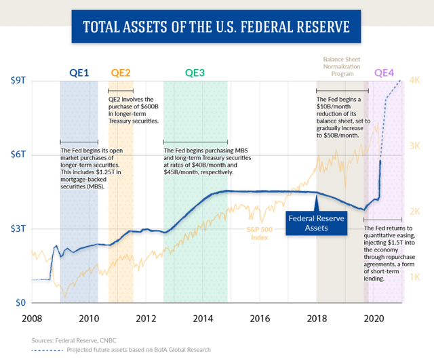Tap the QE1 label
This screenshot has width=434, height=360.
(80, 73)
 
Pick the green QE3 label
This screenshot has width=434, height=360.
(195, 73)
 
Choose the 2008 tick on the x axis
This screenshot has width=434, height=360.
(32, 319)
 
